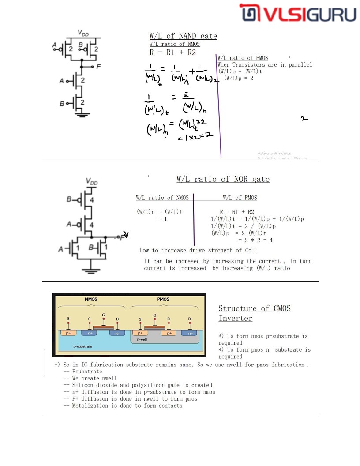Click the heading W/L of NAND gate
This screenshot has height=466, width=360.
(183, 36)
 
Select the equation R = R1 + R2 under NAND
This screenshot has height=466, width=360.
(172, 53)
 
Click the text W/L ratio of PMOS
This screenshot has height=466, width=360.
(243, 58)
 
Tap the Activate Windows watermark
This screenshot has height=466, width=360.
(274, 154)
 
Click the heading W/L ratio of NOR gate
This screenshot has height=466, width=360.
(223, 179)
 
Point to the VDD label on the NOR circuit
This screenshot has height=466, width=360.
(92, 181)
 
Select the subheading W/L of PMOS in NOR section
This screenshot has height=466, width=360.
(240, 198)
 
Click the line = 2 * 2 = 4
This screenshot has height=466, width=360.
(255, 240)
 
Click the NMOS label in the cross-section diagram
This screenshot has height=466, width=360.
(91, 299)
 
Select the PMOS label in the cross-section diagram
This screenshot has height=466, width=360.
(163, 299)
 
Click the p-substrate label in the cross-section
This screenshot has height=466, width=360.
(82, 346)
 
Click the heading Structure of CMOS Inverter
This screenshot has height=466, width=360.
(254, 313)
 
